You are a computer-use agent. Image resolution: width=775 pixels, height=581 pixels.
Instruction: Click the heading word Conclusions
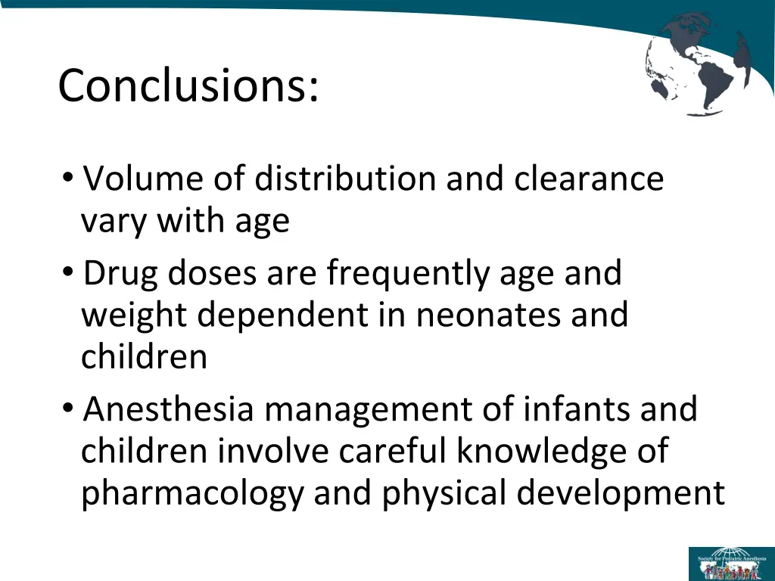coord(188,85)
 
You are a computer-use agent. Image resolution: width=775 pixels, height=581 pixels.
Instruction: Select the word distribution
coord(347,179)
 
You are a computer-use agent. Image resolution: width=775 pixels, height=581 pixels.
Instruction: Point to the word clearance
coord(589,179)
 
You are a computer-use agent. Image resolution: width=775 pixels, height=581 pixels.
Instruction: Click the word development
coord(621,494)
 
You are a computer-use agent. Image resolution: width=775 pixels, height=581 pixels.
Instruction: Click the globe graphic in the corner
coord(697,64)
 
